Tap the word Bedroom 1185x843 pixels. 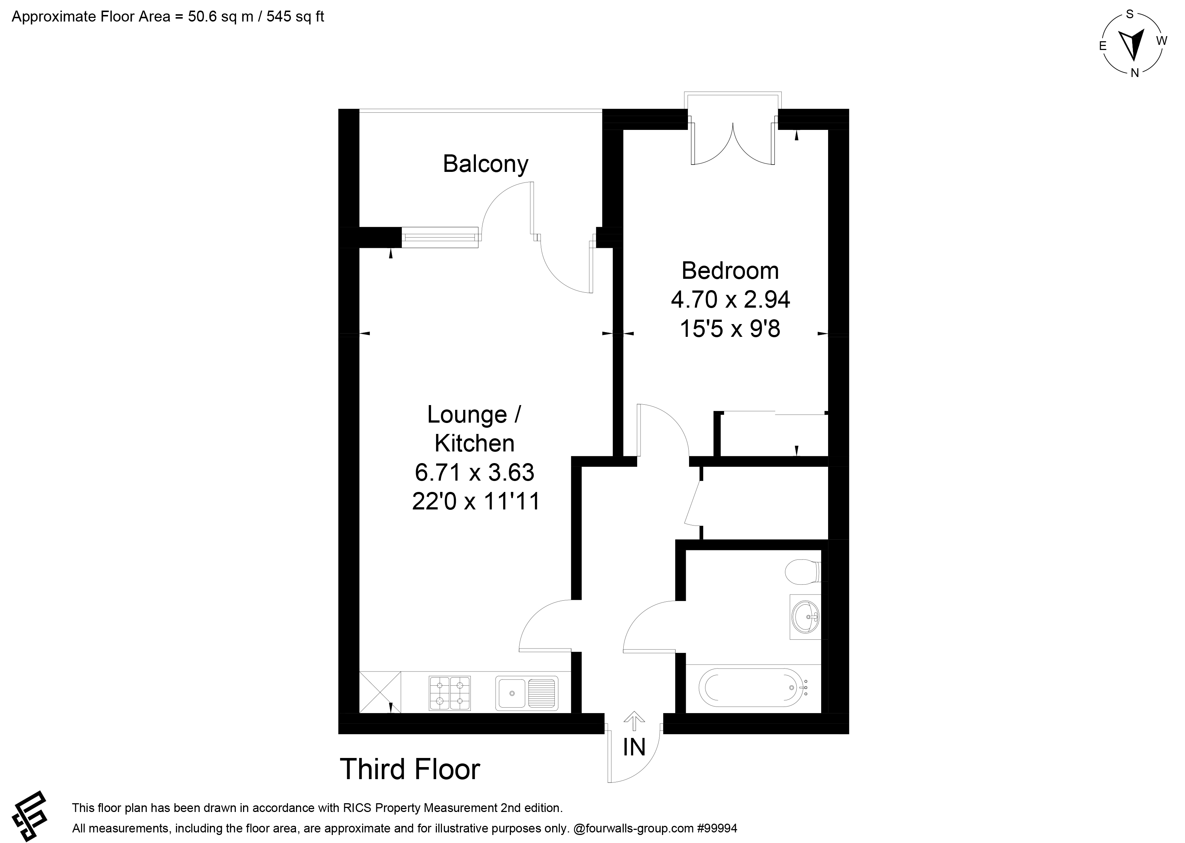point(730,270)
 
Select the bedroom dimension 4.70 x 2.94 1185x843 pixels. point(730,300)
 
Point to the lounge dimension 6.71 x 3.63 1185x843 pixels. point(474,472)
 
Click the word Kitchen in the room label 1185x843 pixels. point(474,443)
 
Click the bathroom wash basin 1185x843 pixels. point(805,617)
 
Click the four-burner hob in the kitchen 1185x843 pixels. point(450,693)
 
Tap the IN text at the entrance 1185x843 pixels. point(634,747)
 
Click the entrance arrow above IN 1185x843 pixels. point(634,721)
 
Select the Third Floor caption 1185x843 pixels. point(410,769)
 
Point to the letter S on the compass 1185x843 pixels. point(1130,15)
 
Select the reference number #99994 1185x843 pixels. point(717,828)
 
